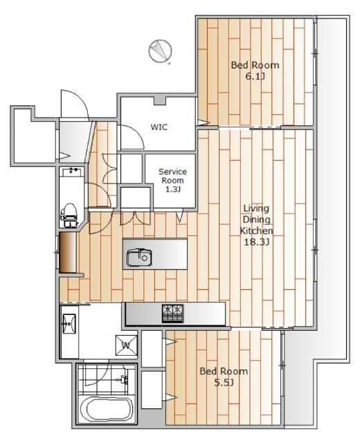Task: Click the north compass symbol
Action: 160,51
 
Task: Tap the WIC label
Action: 159,127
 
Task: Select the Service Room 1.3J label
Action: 172,180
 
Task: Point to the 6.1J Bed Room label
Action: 255,71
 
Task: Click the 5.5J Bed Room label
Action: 224,377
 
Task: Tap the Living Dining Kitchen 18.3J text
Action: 256,225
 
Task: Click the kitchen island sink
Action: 139,257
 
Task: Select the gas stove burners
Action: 172,314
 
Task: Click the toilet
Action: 69,215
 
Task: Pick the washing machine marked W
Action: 126,345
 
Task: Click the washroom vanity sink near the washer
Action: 69,324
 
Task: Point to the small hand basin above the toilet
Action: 72,172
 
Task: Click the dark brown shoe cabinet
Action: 68,252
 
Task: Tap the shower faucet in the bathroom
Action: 123,379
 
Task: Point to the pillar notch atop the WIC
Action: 160,100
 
